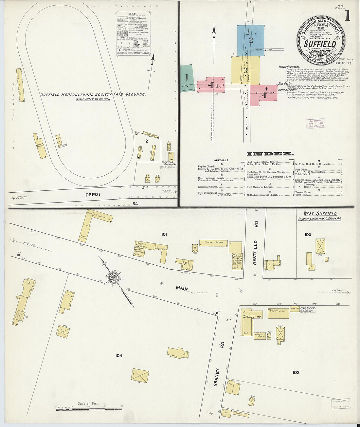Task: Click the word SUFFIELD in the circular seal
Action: coord(320,44)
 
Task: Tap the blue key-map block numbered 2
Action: coord(251,41)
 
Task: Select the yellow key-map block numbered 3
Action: coord(245,70)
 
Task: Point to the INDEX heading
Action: coord(270,154)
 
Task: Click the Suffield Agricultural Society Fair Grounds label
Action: coord(93,94)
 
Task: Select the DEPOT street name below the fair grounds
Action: coord(93,194)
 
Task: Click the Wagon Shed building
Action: coord(278,313)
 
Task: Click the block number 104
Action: coord(118,355)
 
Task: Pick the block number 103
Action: coord(296,372)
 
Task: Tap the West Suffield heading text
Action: coord(320,214)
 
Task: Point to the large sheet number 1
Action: coord(347,16)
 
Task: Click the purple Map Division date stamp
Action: coord(315,124)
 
